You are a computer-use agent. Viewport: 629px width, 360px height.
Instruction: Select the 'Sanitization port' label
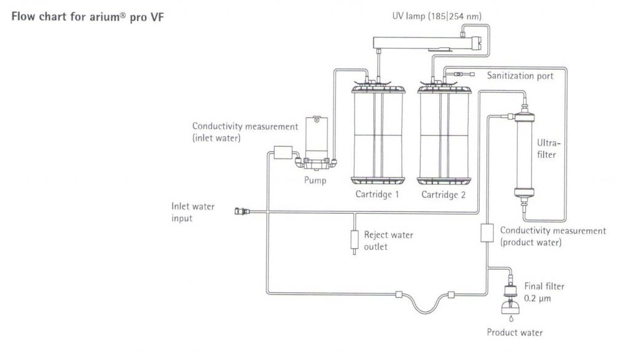tap(520, 76)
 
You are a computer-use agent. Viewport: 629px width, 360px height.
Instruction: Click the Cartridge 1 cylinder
tap(378, 135)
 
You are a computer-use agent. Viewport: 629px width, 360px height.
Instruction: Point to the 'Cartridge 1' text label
tap(378, 195)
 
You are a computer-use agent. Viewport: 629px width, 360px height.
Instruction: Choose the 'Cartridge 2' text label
tap(443, 195)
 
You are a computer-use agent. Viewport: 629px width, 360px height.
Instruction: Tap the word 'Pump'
tap(316, 181)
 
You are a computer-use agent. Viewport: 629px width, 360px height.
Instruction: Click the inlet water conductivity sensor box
tap(284, 152)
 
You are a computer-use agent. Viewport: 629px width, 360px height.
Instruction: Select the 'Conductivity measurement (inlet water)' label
tap(244, 132)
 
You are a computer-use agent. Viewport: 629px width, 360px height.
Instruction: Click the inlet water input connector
tap(241, 212)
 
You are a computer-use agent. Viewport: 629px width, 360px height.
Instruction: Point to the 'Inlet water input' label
tap(193, 212)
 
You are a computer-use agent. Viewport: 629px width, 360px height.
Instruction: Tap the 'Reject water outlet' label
tap(388, 240)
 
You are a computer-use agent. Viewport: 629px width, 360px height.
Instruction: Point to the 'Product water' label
tap(515, 333)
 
